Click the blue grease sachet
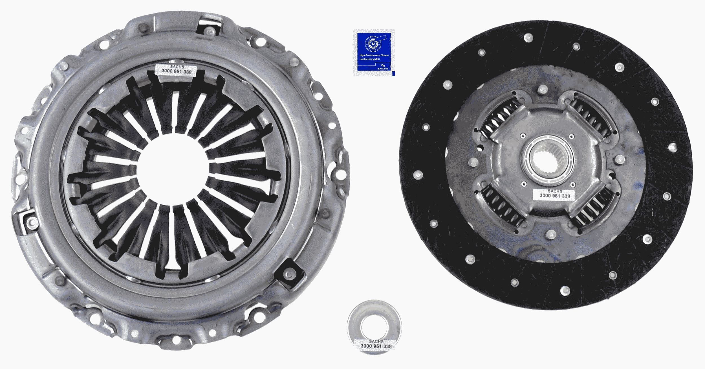click(x=374, y=53)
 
